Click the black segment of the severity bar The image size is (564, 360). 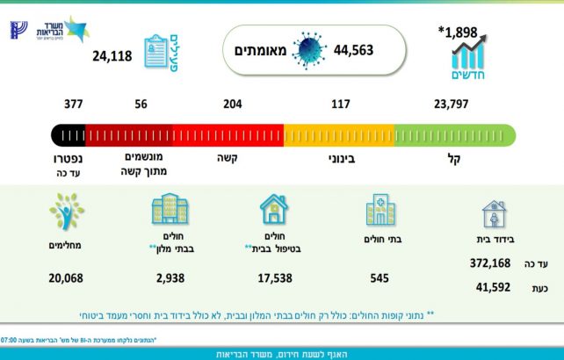(x=69, y=135)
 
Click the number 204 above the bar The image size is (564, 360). (x=233, y=104)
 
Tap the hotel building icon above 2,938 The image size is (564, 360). (x=169, y=211)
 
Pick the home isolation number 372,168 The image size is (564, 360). (x=490, y=263)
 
